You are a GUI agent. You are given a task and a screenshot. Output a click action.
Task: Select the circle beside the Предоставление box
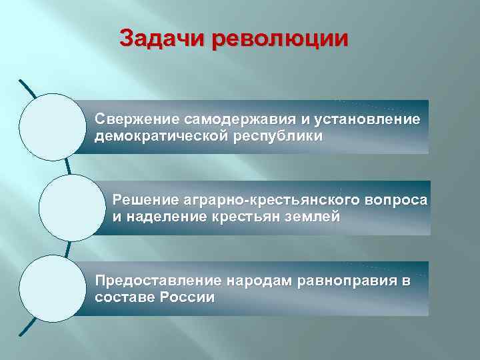click(53, 288)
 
